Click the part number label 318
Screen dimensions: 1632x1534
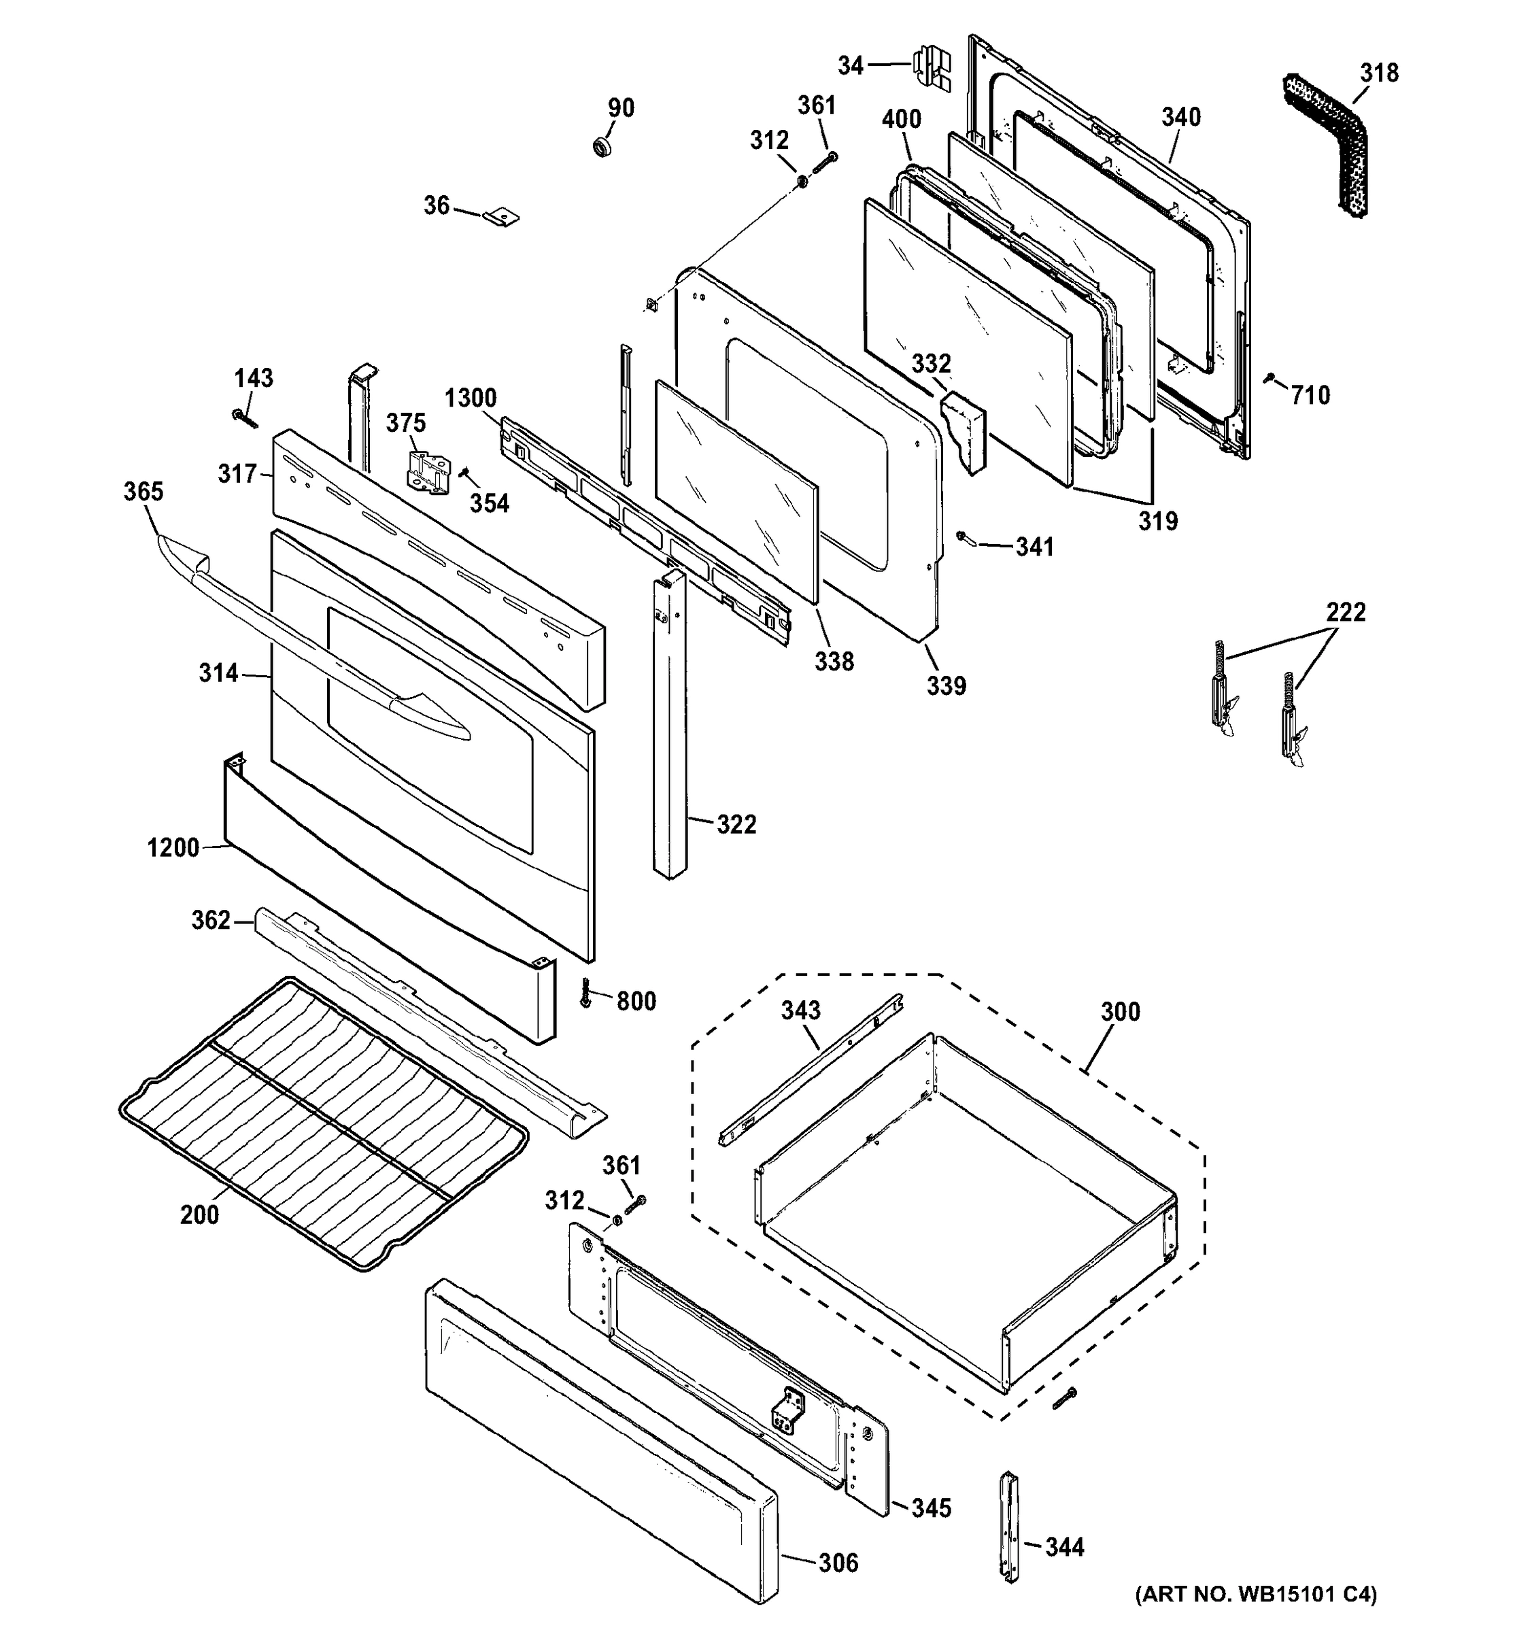pos(1379,73)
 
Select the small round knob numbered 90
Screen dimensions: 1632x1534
pos(604,148)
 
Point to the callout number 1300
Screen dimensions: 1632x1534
pos(471,398)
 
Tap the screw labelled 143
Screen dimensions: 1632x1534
pos(245,419)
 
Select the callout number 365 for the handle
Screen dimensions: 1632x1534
pos(143,492)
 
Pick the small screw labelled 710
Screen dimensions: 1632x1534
pos(1269,379)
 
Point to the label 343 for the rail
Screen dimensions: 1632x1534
pos(800,1010)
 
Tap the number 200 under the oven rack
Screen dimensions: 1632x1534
pos(199,1214)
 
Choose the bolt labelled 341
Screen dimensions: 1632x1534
pos(964,538)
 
